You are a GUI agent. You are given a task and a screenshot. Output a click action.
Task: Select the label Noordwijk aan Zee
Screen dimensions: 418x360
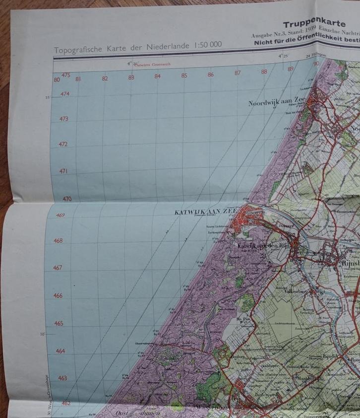[277, 103]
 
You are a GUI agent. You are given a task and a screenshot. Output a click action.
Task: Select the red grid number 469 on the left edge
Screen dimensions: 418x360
[60, 215]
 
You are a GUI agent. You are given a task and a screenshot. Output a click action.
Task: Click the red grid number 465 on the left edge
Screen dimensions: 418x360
[59, 323]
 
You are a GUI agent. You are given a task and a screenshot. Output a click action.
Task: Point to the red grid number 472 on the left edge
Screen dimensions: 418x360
[63, 144]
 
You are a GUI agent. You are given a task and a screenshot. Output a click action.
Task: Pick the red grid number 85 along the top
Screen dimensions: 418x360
[184, 76]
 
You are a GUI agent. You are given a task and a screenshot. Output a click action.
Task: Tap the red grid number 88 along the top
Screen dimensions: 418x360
[264, 71]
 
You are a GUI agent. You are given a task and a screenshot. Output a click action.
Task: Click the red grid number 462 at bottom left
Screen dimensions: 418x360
[65, 403]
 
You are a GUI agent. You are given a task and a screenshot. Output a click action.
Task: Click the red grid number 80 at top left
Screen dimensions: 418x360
[57, 79]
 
